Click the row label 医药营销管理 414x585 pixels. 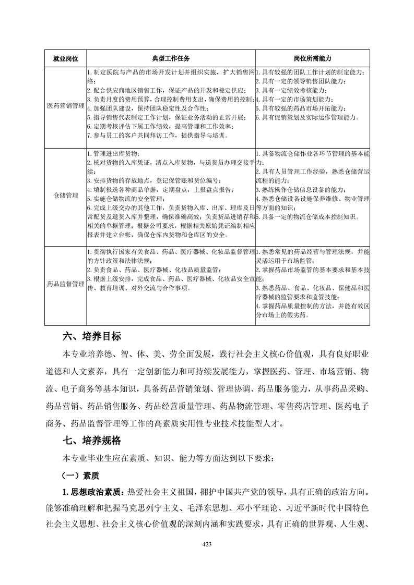coord(66,105)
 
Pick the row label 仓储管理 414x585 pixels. coord(66,196)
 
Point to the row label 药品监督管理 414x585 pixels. coord(66,285)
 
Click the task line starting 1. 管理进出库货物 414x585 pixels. coord(113,153)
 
